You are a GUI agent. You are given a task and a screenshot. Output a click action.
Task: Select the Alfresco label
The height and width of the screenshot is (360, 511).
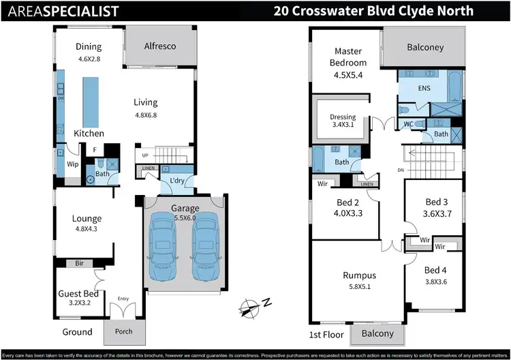point(160,46)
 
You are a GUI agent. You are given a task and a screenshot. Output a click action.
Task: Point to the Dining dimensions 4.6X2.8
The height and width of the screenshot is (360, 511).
point(89,59)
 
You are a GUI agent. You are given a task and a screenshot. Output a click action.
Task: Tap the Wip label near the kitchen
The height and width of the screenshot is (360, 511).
point(72,164)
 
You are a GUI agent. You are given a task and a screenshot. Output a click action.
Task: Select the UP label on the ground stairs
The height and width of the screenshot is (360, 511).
point(145,155)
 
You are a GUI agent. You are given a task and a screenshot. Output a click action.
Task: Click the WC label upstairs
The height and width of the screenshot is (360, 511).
point(409,124)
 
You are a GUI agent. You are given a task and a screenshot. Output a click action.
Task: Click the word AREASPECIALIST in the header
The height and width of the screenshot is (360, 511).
point(59,12)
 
